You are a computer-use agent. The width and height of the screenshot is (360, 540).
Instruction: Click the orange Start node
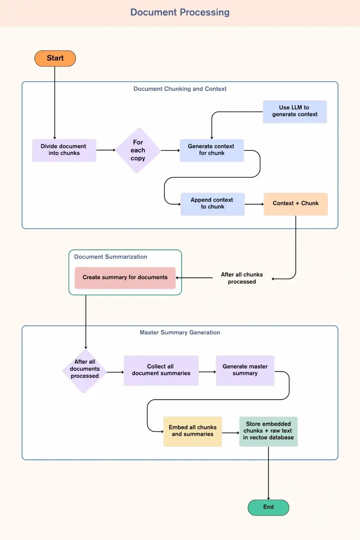point(55,58)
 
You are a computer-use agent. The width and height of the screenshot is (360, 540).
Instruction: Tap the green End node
point(268,507)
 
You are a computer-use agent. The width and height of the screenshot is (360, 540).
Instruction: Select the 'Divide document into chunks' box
point(64,150)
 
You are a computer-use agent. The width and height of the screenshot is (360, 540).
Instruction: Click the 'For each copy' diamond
point(138,150)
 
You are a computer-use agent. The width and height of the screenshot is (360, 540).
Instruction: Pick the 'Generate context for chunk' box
point(212,150)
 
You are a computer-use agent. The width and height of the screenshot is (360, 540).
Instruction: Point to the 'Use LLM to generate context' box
point(295,111)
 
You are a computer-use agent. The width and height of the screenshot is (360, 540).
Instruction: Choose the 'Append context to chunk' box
point(212,204)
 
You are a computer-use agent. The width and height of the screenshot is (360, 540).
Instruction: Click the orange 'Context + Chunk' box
point(296,204)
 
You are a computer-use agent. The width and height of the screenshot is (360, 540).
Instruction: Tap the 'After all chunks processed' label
point(242,278)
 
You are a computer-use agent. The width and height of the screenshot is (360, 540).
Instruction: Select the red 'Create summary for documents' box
point(125,278)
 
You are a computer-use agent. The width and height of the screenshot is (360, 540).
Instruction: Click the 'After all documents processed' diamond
point(84,369)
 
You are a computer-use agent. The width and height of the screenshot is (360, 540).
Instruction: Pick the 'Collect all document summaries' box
point(161,370)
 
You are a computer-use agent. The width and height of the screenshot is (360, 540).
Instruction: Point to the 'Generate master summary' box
point(245,370)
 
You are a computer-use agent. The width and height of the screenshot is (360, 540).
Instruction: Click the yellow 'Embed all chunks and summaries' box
point(192,431)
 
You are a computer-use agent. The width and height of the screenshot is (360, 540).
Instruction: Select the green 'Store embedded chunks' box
point(268,431)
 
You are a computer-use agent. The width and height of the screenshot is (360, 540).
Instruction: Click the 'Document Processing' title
point(180,12)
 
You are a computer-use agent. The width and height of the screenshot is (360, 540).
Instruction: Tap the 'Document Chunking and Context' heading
point(180,89)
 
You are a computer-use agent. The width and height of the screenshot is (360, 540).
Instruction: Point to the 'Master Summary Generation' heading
point(180,332)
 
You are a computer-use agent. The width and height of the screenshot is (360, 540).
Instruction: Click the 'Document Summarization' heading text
point(110,257)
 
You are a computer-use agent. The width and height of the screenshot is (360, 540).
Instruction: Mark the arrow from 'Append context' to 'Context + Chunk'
point(254,204)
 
